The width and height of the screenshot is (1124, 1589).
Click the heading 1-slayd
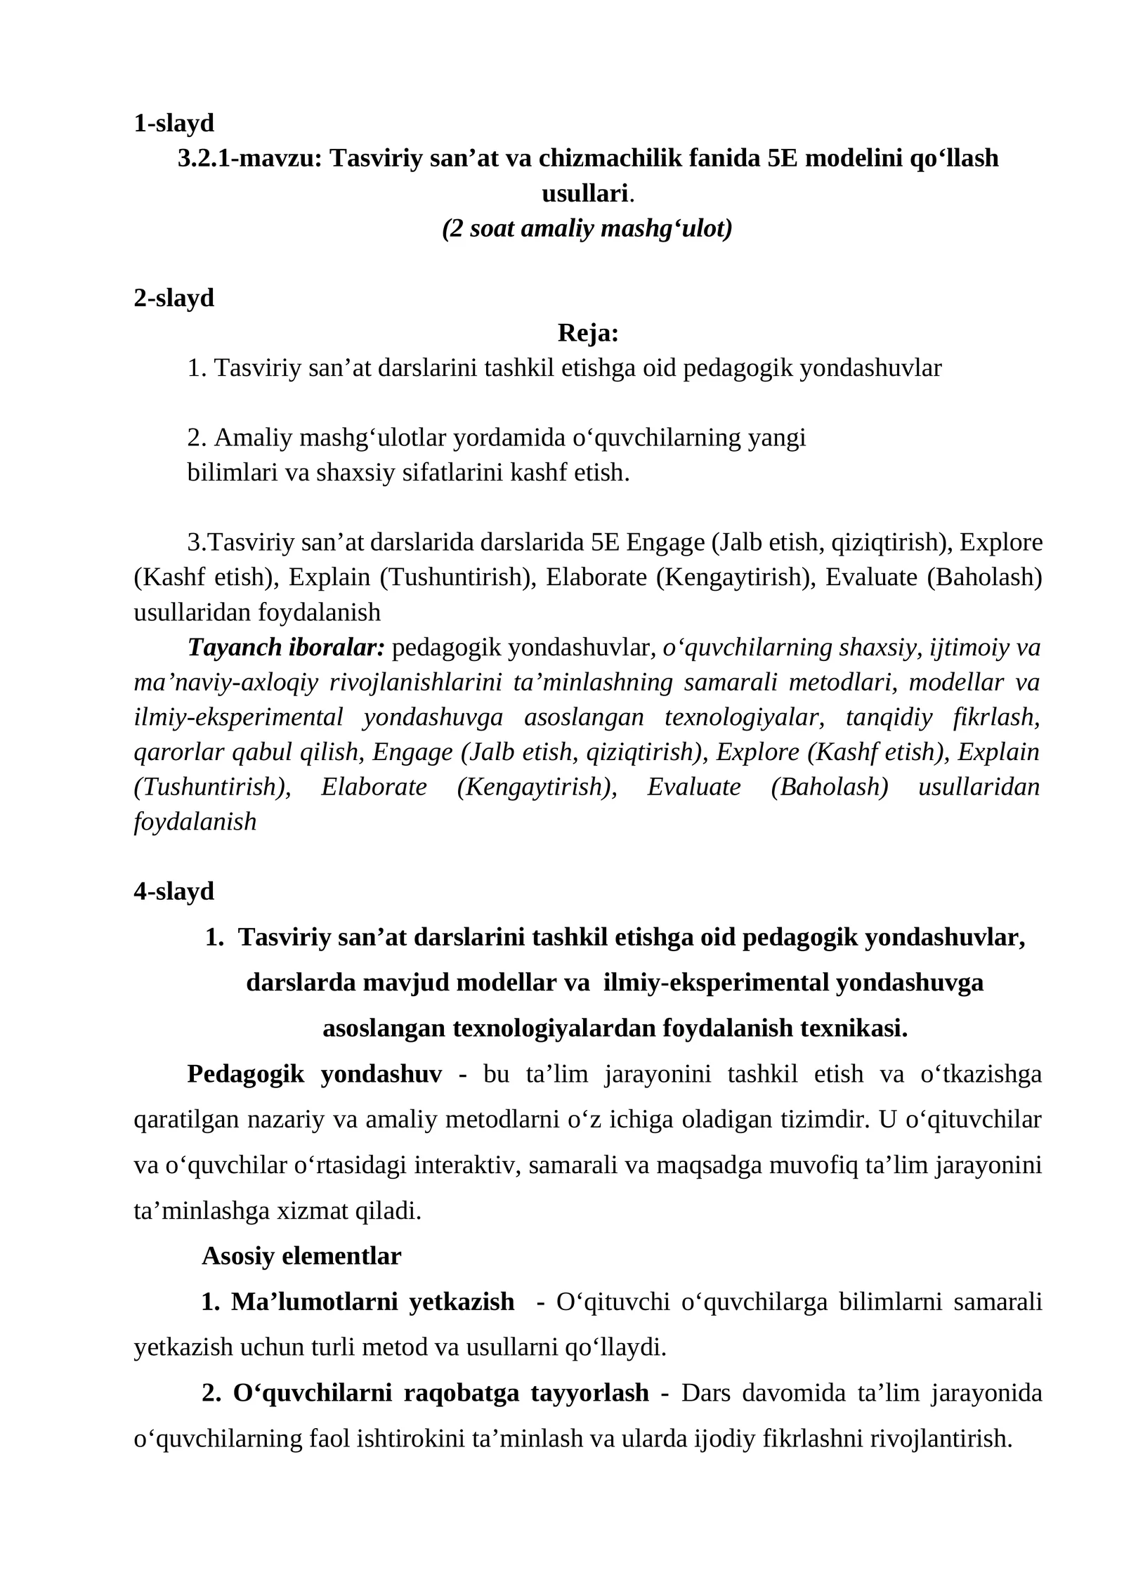coord(174,123)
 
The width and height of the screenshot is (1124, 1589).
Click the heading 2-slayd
coord(174,298)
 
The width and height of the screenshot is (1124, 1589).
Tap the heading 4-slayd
coord(174,891)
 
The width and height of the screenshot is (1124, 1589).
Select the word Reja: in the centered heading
coord(587,333)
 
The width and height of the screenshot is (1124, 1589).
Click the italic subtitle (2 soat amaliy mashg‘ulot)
coord(587,228)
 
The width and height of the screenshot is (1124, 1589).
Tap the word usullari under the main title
coord(584,193)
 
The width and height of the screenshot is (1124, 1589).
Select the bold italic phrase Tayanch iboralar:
coord(286,647)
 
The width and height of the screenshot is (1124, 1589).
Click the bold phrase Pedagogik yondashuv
coord(314,1074)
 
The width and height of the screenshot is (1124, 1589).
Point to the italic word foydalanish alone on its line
coord(195,822)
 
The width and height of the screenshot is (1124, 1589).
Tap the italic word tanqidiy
coord(889,717)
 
